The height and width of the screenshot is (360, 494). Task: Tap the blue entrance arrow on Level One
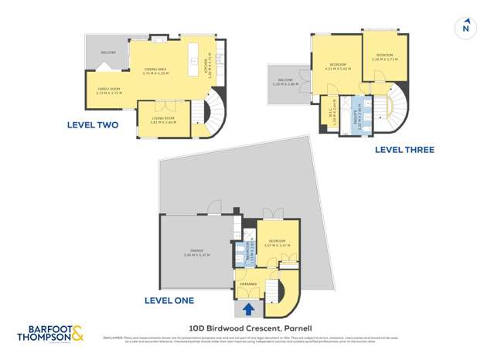(249, 309)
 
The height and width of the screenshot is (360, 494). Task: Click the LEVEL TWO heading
(93, 124)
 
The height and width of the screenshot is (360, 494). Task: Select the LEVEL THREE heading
(404, 150)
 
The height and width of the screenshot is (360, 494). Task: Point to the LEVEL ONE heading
(169, 300)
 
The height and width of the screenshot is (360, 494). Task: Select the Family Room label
(108, 90)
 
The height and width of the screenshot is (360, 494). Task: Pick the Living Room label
(163, 119)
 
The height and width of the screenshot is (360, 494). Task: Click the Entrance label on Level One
(248, 284)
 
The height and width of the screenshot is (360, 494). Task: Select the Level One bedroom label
(275, 242)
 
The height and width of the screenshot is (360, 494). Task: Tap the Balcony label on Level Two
(108, 53)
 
